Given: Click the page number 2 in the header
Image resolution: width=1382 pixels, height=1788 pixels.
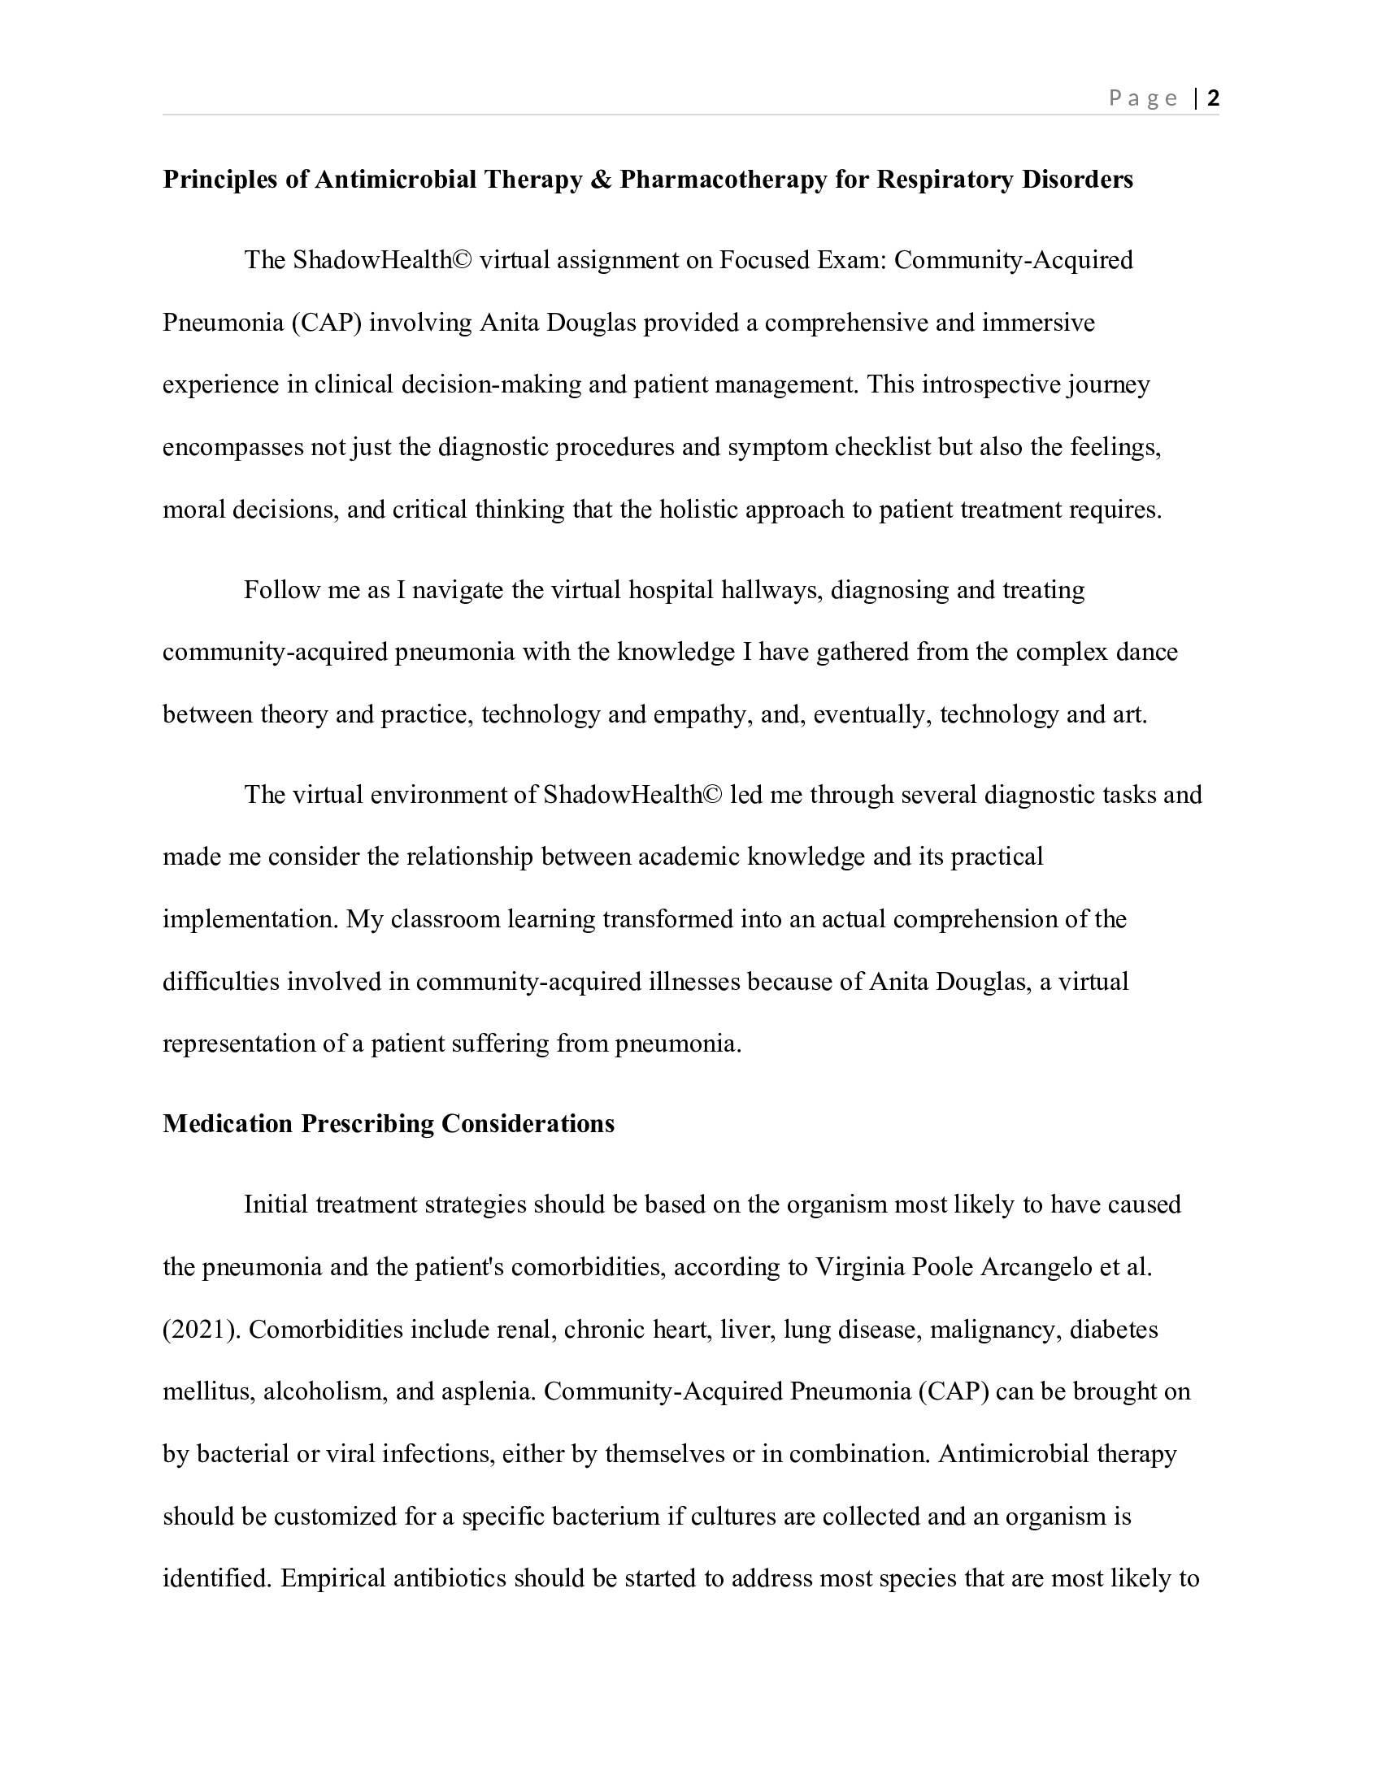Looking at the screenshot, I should [x=1214, y=98].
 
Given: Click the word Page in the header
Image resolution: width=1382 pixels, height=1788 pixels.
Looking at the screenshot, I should [x=1143, y=98].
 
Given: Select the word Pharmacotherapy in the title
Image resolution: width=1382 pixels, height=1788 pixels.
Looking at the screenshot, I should [x=723, y=180].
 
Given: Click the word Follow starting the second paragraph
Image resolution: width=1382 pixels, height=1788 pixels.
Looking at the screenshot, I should [x=281, y=589].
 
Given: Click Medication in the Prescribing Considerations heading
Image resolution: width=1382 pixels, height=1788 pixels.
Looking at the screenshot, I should [x=228, y=1123].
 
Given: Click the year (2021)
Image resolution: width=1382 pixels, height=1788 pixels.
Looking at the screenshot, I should [x=202, y=1330].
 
